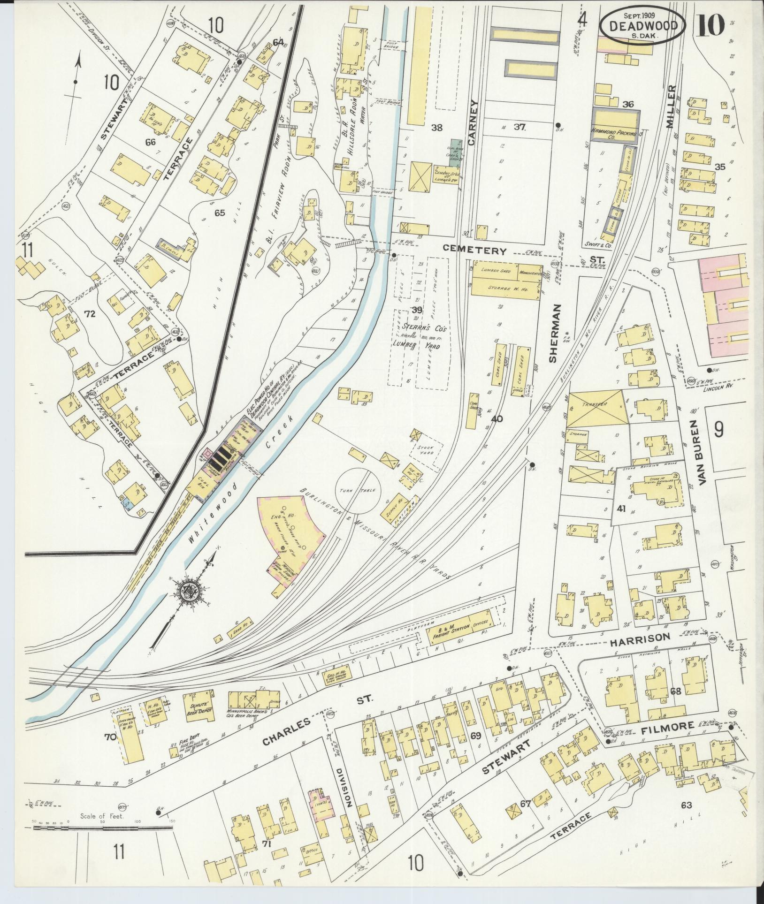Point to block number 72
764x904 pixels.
[90, 314]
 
